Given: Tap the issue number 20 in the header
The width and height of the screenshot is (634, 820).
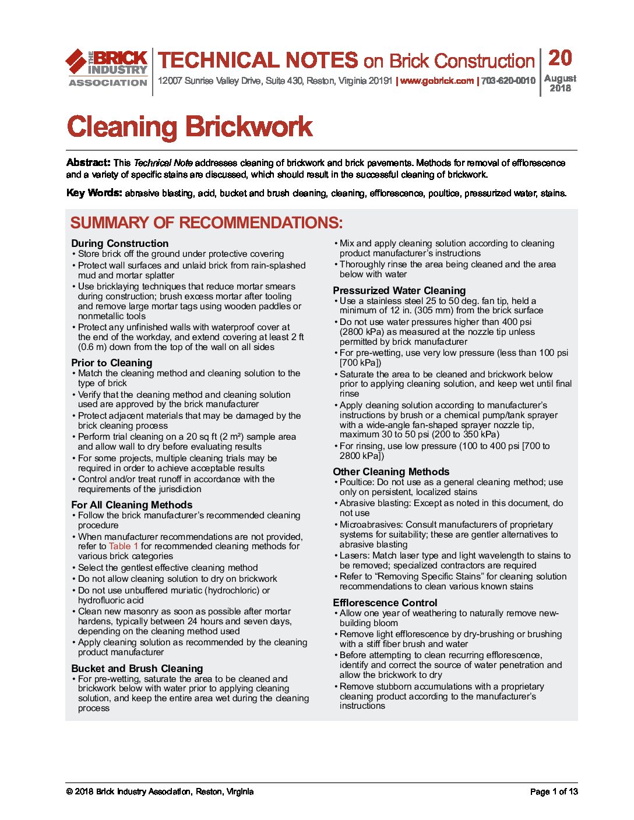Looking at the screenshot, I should coord(560,58).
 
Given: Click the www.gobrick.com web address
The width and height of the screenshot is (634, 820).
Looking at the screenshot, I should coord(436,81).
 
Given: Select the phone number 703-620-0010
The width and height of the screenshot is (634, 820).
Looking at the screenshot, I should coord(508,81).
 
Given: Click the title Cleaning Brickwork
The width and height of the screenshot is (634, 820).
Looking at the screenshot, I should coord(190,127).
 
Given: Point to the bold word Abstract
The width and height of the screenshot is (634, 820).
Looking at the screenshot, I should coord(88,162).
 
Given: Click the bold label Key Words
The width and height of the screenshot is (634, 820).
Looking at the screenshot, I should coord(94,193).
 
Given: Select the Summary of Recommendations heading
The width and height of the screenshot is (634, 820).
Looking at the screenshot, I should coord(206,223).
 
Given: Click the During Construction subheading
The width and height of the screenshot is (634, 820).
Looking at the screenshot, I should coord(119,243).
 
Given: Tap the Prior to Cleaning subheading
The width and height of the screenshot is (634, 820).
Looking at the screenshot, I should coord(111,363).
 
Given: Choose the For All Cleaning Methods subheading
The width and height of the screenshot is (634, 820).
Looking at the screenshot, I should coord(132,505).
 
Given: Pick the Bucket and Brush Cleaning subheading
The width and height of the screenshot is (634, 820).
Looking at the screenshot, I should coord(137,669).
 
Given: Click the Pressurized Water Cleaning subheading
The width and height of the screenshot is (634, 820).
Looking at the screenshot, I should coord(399,291).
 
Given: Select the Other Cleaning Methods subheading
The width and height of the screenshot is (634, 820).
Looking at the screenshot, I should coord(391,472).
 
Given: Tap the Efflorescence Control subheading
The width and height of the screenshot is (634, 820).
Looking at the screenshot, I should coord(385,603).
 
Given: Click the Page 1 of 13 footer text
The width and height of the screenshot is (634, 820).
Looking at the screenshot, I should coord(554,791).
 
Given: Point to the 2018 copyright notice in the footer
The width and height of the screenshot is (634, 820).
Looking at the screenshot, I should coord(160,791).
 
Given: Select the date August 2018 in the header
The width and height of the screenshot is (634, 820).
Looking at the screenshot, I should coord(560,83).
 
